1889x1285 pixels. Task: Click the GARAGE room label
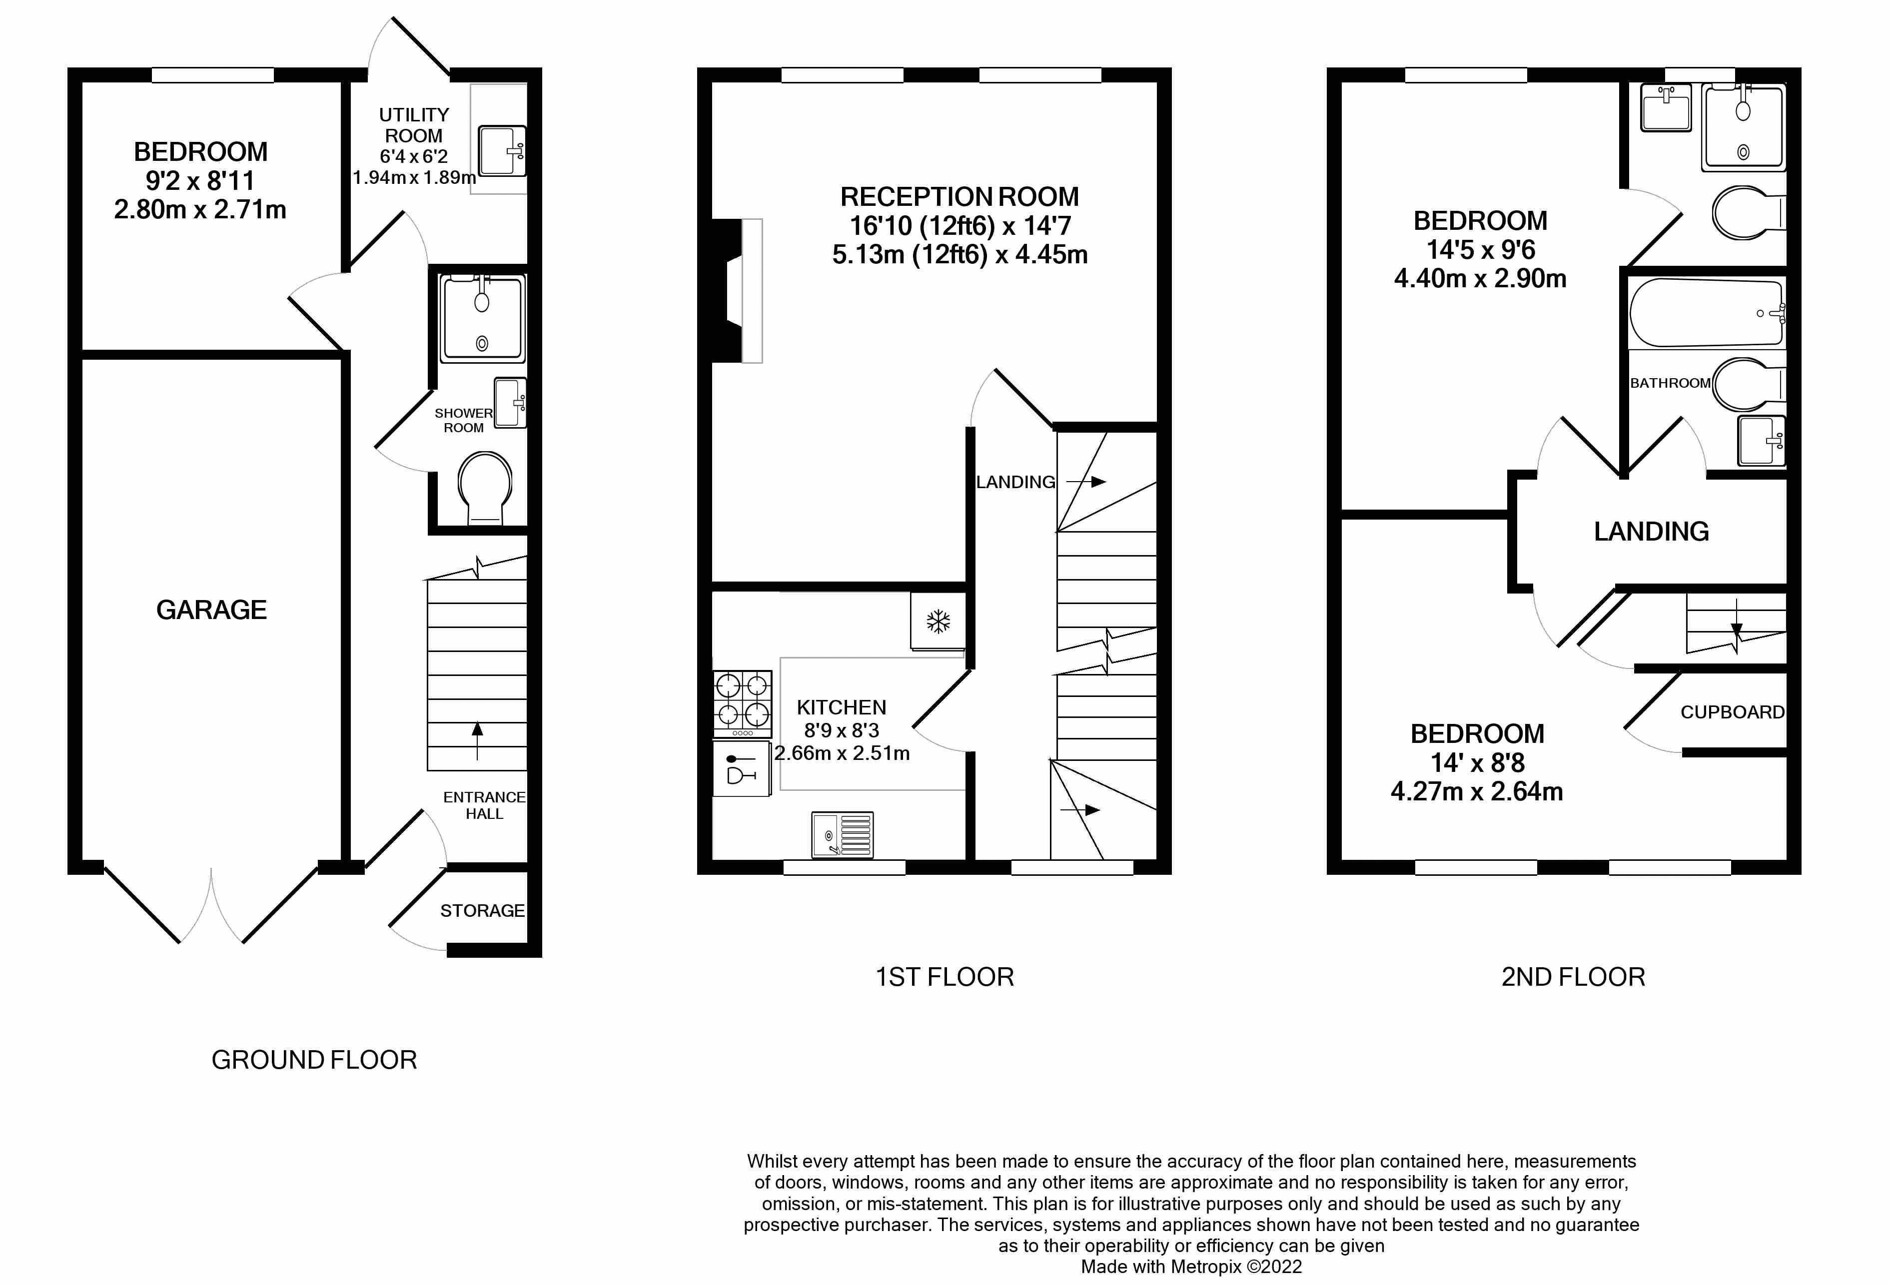pyautogui.click(x=211, y=610)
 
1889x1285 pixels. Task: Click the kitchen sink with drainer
pyautogui.click(x=842, y=834)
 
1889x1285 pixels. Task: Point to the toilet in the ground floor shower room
pyautogui.click(x=485, y=488)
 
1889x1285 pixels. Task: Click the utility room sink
pyautogui.click(x=502, y=150)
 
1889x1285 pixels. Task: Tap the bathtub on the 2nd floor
pyautogui.click(x=1707, y=313)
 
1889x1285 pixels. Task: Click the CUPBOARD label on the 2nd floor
pyautogui.click(x=1732, y=712)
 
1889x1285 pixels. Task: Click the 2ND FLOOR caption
pyautogui.click(x=1573, y=976)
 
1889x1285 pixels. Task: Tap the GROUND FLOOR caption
pyautogui.click(x=314, y=1060)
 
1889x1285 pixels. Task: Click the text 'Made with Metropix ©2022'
pyautogui.click(x=1191, y=1267)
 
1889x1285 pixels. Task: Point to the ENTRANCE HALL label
pyautogui.click(x=484, y=805)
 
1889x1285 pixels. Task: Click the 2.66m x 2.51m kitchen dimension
pyautogui.click(x=842, y=753)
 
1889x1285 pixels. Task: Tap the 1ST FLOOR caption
pyautogui.click(x=944, y=976)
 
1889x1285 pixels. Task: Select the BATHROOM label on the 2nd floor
pyautogui.click(x=1670, y=383)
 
